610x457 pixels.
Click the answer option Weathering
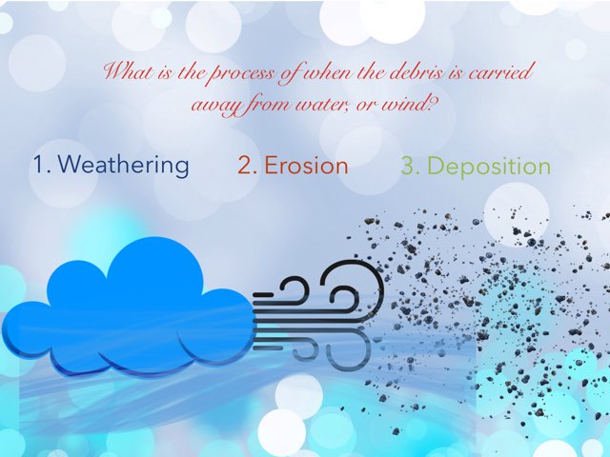(123, 165)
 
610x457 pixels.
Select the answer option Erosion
(305, 166)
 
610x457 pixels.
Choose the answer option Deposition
(488, 167)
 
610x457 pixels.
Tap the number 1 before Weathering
(39, 165)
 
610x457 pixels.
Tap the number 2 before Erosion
(246, 166)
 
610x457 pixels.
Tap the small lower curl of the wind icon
(303, 348)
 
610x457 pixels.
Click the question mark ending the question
(435, 101)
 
